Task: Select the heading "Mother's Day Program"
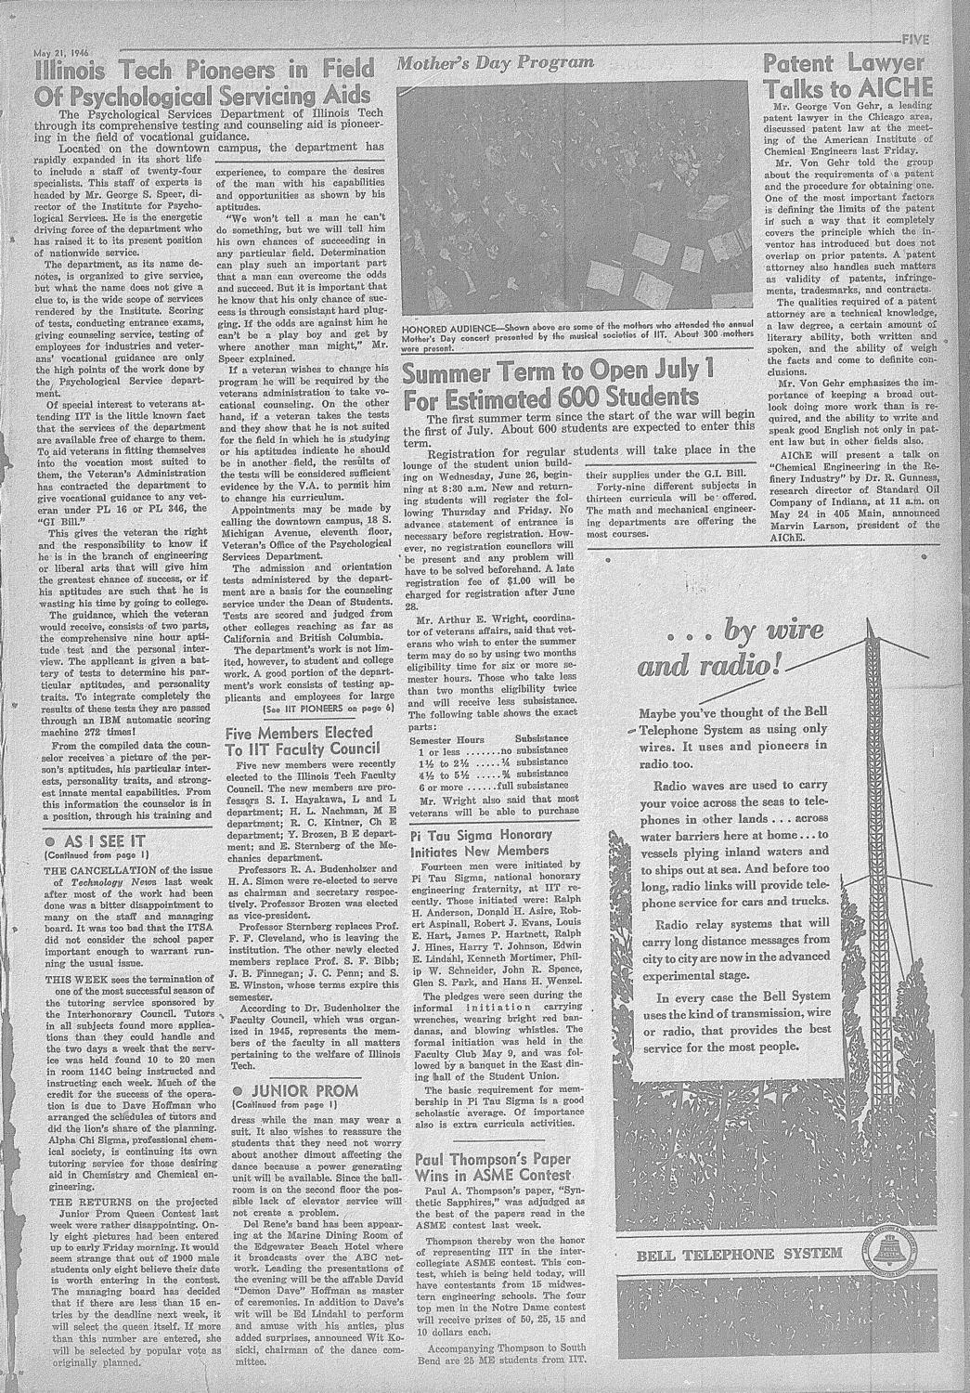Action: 495,63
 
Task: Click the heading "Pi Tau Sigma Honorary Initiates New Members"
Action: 481,842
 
